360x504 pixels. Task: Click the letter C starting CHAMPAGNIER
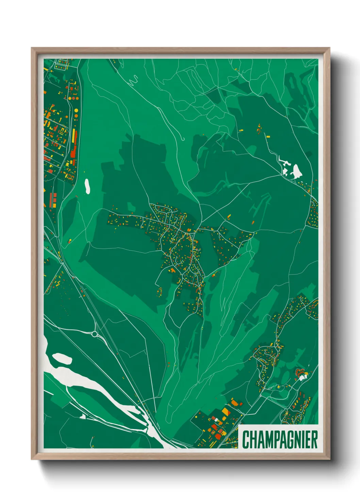pyautogui.click(x=245, y=440)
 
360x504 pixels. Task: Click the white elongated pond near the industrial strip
pyautogui.click(x=87, y=186)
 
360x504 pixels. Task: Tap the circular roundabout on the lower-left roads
pyautogui.click(x=94, y=334)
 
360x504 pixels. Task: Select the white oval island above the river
pyautogui.click(x=62, y=358)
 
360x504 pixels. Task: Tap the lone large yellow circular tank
pyautogui.click(x=76, y=111)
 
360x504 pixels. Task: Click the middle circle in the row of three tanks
pyautogui.click(x=72, y=98)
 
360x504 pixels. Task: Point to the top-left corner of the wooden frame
pyautogui.click(x=32, y=49)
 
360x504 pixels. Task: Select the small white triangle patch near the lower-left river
pyautogui.click(x=82, y=416)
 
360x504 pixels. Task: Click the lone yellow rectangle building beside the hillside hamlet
pyautogui.click(x=268, y=137)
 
